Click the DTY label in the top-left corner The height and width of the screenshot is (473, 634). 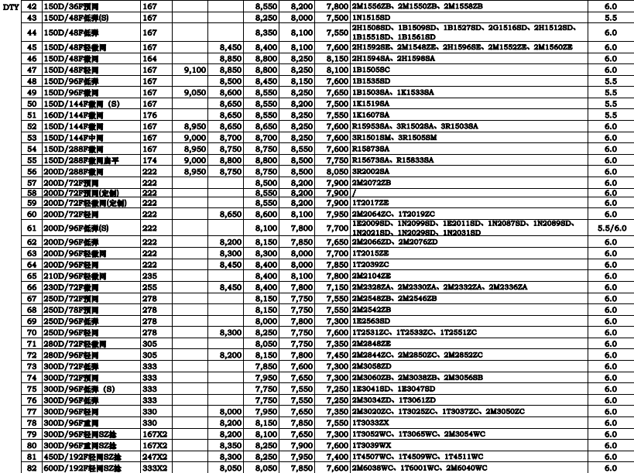(x=9, y=5)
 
